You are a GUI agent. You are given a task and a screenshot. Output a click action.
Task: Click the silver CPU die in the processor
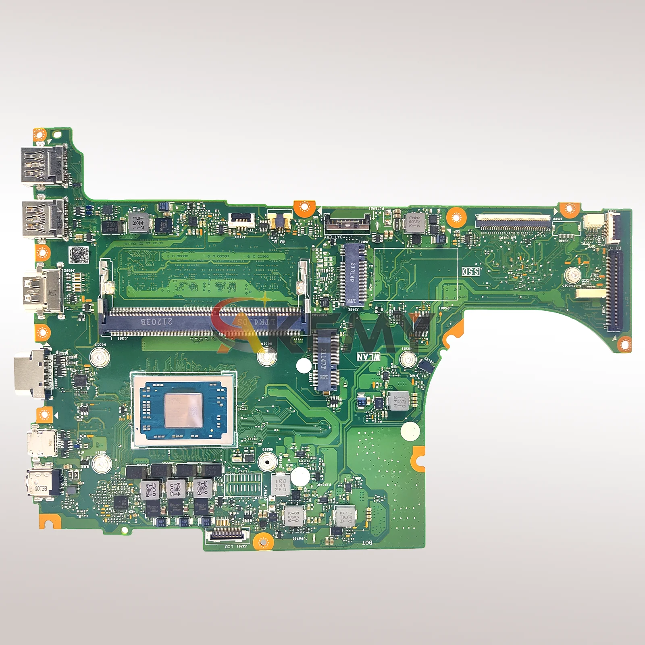(183, 410)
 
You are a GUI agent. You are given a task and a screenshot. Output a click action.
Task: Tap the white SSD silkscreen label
(470, 271)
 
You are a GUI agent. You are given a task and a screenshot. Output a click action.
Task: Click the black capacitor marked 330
(110, 227)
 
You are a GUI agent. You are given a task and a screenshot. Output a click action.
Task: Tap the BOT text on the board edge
(367, 543)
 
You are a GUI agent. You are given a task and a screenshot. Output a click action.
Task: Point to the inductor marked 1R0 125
(138, 223)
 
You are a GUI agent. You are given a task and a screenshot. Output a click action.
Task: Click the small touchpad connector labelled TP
(242, 220)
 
